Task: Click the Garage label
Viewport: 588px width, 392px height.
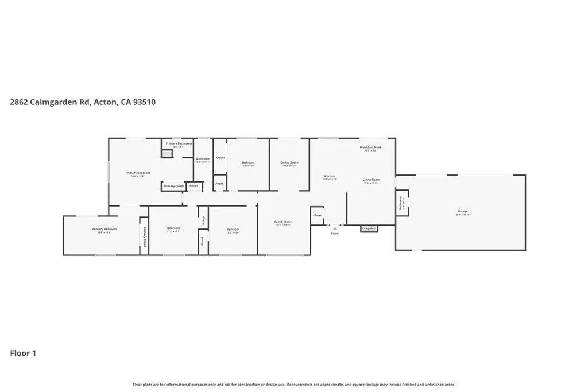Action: (x=462, y=212)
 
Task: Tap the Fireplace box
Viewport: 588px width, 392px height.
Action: (x=369, y=228)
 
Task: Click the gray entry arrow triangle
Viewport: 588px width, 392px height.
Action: (x=335, y=228)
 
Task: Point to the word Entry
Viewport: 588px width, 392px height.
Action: (x=335, y=234)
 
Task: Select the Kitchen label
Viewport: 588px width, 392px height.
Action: (x=330, y=176)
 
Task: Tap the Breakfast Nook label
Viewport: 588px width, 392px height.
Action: (x=370, y=148)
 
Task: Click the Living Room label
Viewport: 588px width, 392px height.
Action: (x=371, y=180)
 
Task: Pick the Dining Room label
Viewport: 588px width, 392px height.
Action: (x=289, y=163)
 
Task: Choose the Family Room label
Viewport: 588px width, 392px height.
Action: (x=283, y=222)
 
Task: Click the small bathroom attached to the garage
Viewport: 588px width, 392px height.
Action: (x=402, y=204)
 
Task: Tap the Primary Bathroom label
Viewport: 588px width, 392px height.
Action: (x=179, y=143)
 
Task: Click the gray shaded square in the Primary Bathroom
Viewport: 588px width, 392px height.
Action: (x=166, y=154)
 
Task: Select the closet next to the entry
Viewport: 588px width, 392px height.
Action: (x=317, y=215)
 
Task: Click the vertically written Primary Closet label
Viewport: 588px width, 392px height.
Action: (x=144, y=236)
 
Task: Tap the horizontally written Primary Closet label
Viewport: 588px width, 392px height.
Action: (x=173, y=186)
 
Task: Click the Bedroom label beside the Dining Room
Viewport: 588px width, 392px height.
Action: (x=247, y=163)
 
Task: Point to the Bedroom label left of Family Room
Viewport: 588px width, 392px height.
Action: (x=232, y=228)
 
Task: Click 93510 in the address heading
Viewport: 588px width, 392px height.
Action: (x=143, y=102)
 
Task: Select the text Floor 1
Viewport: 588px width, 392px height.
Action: (x=23, y=354)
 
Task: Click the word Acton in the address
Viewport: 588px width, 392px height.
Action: (x=106, y=102)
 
